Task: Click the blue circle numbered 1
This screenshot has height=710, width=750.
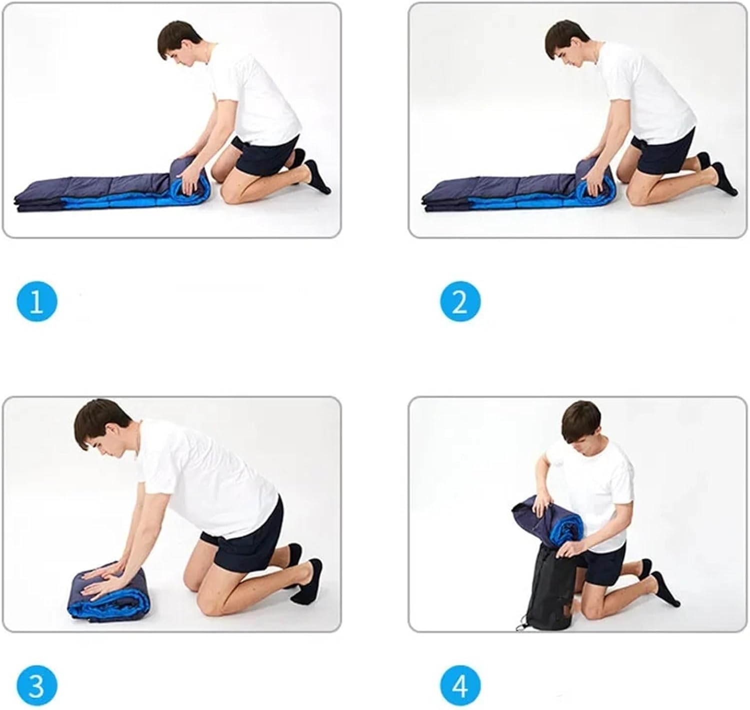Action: [x=36, y=301]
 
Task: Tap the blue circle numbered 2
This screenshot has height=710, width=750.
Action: [x=460, y=301]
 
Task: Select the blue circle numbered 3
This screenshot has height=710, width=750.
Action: [x=36, y=686]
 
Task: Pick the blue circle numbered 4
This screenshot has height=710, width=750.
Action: [x=460, y=686]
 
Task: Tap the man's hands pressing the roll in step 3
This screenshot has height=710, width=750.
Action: [x=105, y=576]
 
